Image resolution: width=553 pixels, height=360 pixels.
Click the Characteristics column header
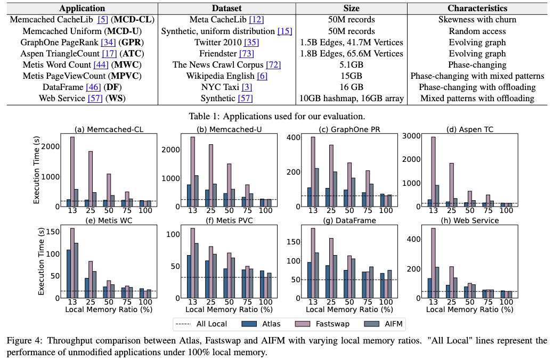point(477,9)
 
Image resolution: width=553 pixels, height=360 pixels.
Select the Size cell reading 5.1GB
point(352,64)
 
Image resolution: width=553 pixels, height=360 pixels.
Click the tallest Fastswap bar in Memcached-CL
point(72,170)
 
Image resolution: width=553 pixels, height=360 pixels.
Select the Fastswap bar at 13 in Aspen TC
point(433,170)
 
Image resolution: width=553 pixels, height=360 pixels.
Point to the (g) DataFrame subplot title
point(346,220)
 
